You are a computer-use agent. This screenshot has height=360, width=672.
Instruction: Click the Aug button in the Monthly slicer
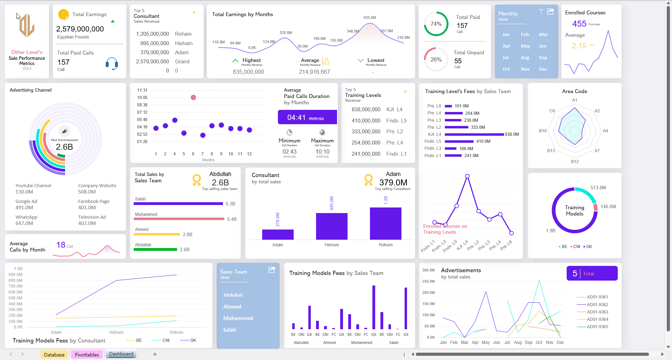[525, 58]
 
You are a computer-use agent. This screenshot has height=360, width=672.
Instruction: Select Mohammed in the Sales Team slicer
[238, 318]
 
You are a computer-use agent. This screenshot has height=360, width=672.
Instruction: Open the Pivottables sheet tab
[87, 354]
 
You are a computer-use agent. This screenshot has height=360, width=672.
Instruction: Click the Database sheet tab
[54, 354]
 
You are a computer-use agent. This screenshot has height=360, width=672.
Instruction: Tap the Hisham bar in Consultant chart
[331, 226]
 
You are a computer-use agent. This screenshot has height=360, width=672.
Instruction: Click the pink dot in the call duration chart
[193, 97]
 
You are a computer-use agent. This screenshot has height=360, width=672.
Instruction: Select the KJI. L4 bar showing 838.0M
[474, 134]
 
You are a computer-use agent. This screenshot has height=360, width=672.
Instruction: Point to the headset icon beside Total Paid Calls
[112, 64]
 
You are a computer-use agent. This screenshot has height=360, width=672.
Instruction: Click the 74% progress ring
[436, 24]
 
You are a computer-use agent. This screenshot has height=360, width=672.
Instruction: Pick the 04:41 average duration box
[307, 118]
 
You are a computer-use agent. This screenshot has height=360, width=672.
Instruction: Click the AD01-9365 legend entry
[597, 327]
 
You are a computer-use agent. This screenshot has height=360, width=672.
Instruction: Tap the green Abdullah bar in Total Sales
[155, 249]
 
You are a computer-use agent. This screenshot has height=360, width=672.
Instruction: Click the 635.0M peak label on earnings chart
[370, 17]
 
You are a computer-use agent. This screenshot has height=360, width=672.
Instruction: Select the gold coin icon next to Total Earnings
[63, 14]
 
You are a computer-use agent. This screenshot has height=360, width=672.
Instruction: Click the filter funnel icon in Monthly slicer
[541, 12]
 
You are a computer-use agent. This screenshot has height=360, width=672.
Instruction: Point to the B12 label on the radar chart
[575, 162]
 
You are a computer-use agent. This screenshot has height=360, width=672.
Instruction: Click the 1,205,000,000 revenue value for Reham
[152, 34]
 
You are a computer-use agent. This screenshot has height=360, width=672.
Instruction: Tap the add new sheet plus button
[155, 354]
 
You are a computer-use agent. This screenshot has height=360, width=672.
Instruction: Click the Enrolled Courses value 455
[579, 24]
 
